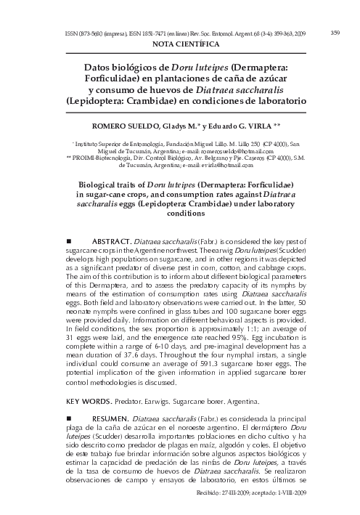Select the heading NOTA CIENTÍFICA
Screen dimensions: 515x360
click(180, 44)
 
